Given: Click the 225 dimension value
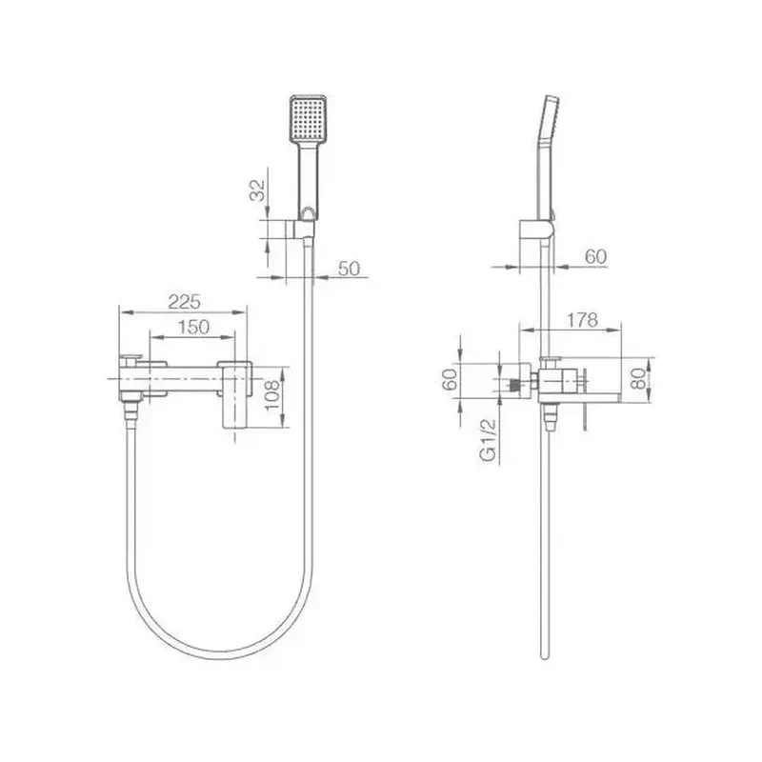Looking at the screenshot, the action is tap(184, 302).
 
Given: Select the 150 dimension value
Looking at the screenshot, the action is tap(193, 327).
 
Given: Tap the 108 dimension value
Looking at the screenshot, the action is tap(272, 394).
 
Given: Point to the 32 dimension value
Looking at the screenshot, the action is tap(257, 190).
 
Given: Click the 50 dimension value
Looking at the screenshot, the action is tap(349, 269).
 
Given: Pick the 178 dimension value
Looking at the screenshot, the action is tap(582, 320).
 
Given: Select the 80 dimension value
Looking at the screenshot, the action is tap(638, 378).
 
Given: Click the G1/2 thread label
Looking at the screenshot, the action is tap(488, 439).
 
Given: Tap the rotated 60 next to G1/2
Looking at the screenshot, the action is tap(450, 379).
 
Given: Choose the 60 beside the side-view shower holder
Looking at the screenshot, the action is tap(596, 256).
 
